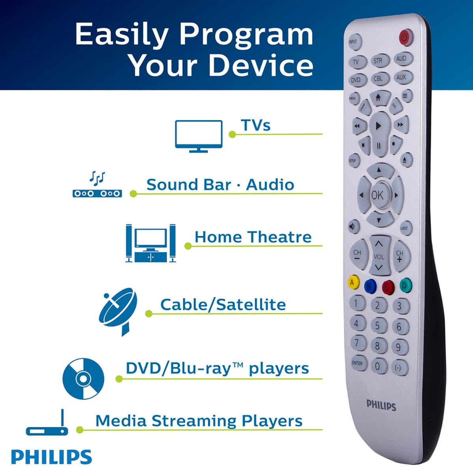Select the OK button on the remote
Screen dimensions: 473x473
pyautogui.click(x=377, y=195)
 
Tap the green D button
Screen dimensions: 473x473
pyautogui.click(x=405, y=285)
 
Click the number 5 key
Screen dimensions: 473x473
pyautogui.click(x=377, y=325)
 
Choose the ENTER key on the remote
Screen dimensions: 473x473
pyautogui.click(x=357, y=363)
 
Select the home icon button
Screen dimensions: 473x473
pyautogui.click(x=378, y=97)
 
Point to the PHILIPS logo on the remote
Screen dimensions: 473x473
pyautogui.click(x=381, y=405)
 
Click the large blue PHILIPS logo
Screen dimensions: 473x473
pyautogui.click(x=51, y=457)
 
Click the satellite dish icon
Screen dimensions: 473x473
pyautogui.click(x=118, y=311)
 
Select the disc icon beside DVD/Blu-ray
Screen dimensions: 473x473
pyautogui.click(x=83, y=379)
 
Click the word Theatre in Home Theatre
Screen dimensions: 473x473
pyautogui.click(x=279, y=237)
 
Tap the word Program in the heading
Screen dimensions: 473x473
pyautogui.click(x=246, y=34)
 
